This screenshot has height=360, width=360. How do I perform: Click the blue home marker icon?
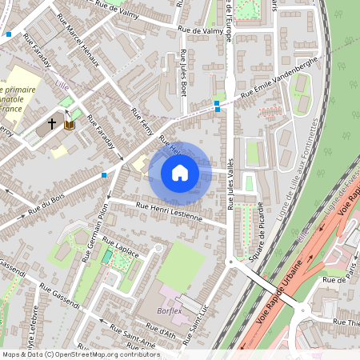click(x=180, y=172)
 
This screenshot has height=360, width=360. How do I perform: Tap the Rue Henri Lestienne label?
click(x=170, y=212)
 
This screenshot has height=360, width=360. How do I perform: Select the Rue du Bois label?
click(x=46, y=203)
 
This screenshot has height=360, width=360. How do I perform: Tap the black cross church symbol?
click(x=52, y=124)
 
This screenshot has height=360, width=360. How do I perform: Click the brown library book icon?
click(x=70, y=125)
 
